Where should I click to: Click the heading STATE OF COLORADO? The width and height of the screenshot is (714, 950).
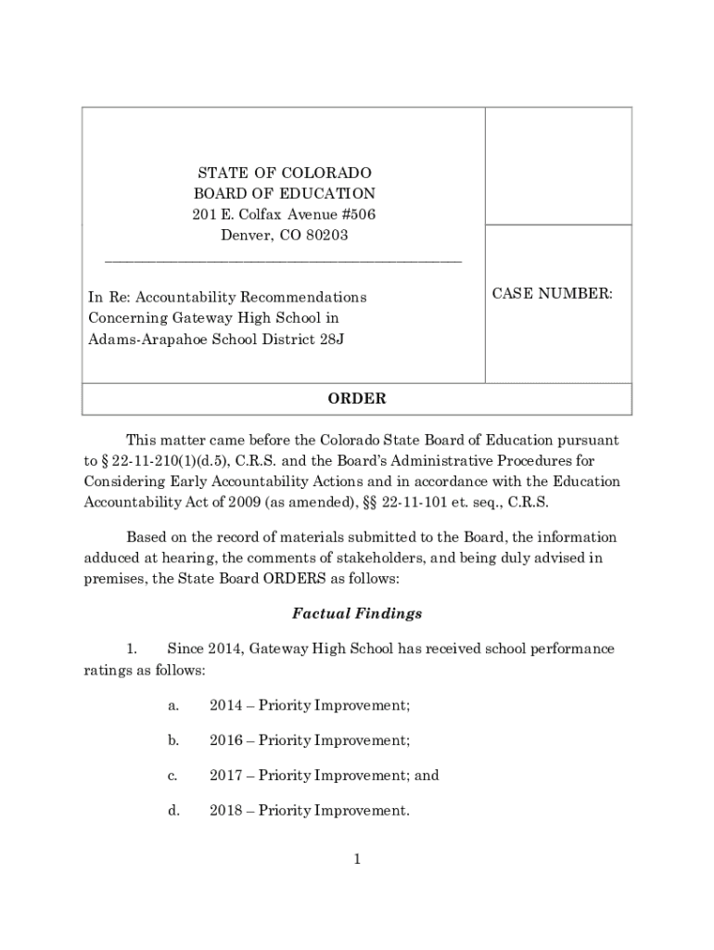pyautogui.click(x=284, y=173)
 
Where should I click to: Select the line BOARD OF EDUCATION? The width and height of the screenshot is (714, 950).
pyautogui.click(x=284, y=194)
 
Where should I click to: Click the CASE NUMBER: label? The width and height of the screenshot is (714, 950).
pyautogui.click(x=552, y=294)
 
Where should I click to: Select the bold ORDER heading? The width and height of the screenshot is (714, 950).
pyautogui.click(x=357, y=399)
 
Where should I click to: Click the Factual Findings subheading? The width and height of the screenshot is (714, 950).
pyautogui.click(x=357, y=613)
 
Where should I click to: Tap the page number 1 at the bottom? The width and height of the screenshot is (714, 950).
pyautogui.click(x=356, y=859)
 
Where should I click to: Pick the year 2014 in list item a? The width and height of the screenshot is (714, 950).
pyautogui.click(x=225, y=705)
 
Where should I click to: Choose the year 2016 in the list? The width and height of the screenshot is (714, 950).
pyautogui.click(x=225, y=740)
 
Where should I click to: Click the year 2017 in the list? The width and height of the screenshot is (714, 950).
pyautogui.click(x=225, y=776)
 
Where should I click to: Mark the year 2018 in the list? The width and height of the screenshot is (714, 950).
pyautogui.click(x=225, y=811)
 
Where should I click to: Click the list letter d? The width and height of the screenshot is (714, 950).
pyautogui.click(x=172, y=811)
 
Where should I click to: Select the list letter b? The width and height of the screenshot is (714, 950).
pyautogui.click(x=172, y=740)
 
